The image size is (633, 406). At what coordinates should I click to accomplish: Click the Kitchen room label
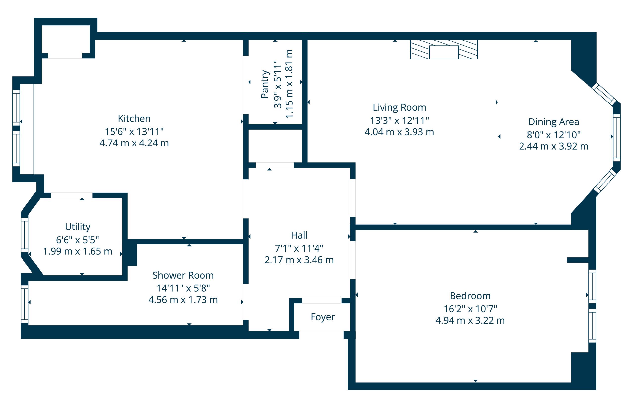(x=134, y=119)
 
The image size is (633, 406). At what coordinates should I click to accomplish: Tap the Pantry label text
(x=265, y=84)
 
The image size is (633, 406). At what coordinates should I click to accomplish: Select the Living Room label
(x=399, y=108)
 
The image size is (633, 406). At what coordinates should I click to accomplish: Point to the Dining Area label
(x=553, y=122)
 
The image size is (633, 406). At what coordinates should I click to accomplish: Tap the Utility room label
(x=77, y=227)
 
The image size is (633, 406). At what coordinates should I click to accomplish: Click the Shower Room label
(x=183, y=275)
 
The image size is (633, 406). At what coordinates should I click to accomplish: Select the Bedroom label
(x=470, y=296)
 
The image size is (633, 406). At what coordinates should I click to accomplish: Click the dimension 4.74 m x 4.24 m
(x=134, y=143)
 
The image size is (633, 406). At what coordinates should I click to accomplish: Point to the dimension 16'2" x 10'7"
(x=470, y=309)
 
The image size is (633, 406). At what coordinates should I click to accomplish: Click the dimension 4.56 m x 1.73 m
(x=183, y=300)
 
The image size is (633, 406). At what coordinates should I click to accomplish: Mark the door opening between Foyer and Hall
(x=321, y=301)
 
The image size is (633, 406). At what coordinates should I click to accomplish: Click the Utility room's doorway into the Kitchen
(x=71, y=195)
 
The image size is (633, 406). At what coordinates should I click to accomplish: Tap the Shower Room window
(x=24, y=304)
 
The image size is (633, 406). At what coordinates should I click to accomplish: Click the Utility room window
(x=24, y=235)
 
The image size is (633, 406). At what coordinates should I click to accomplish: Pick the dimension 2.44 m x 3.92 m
(x=553, y=146)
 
